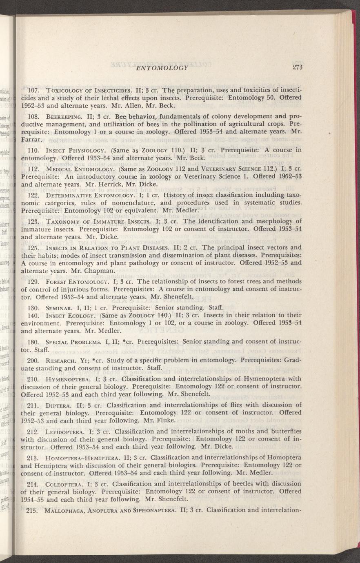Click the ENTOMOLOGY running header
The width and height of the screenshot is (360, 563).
[162, 67]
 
